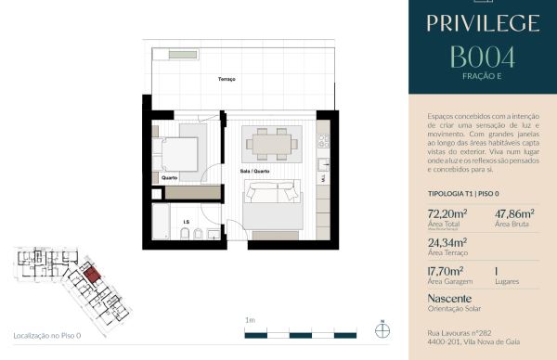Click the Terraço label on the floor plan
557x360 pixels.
[x=227, y=80]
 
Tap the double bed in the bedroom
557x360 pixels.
[x=176, y=149]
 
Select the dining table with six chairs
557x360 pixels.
[x=271, y=144]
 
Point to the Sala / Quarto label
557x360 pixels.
[x=254, y=171]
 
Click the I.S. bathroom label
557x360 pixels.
[x=186, y=222]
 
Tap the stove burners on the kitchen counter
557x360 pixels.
[x=324, y=141]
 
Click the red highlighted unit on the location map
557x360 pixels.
[x=91, y=274]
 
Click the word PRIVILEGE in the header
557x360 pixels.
[x=482, y=22]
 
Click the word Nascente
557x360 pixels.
[x=450, y=298]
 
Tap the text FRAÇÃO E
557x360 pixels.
[x=482, y=76]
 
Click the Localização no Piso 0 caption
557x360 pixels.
[x=47, y=334]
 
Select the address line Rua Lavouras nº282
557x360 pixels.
[x=466, y=331]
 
